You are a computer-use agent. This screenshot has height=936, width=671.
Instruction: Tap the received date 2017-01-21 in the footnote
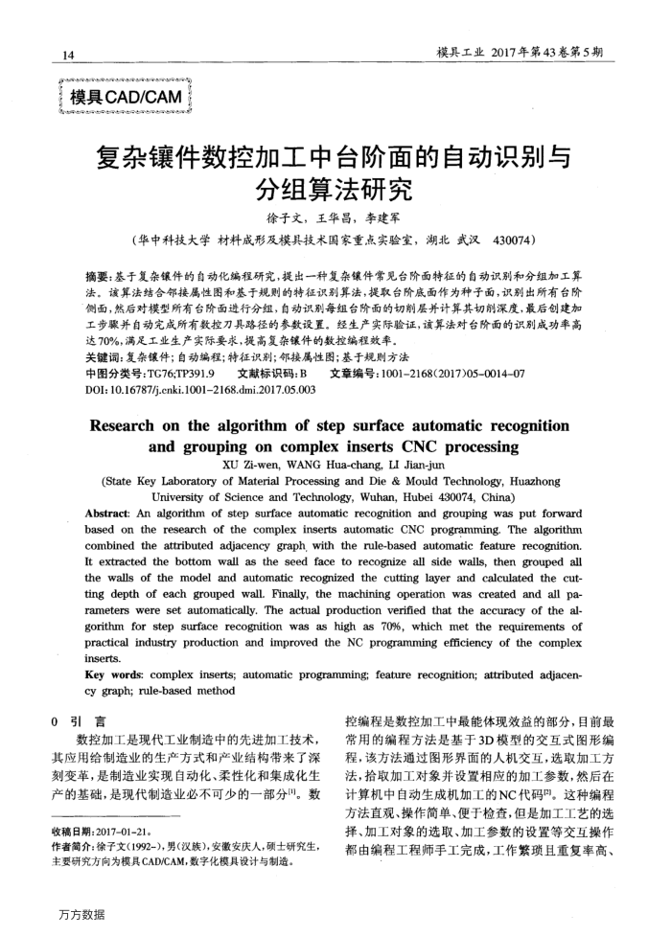pos(128,831)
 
